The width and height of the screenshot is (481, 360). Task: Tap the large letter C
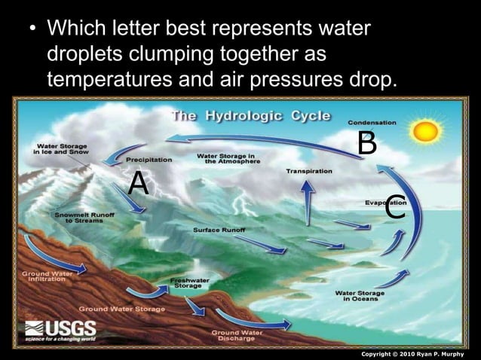pos(396,207)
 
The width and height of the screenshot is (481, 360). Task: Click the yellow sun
pos(425,131)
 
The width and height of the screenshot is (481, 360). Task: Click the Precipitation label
pos(149,160)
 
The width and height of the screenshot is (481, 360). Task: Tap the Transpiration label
pos(309,172)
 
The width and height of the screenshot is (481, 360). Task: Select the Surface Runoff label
pos(219,229)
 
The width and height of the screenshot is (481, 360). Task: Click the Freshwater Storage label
pos(188,282)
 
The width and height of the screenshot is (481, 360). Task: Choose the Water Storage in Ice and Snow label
pos(60,148)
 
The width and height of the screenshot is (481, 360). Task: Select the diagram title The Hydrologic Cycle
pos(252,116)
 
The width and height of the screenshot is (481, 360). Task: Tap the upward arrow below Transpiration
pos(308,202)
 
